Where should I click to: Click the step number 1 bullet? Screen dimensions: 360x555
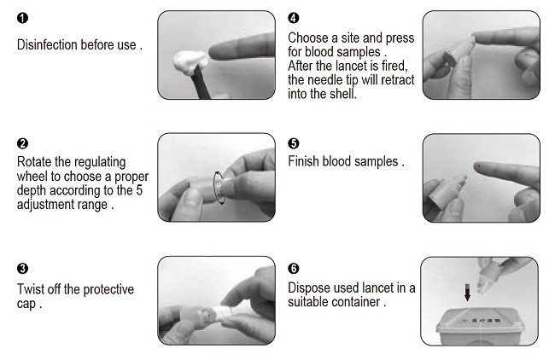coord(22,18)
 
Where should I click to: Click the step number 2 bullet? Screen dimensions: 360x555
coord(22,143)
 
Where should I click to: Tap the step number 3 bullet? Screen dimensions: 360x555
coord(22,270)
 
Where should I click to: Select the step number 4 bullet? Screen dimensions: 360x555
coord(294,18)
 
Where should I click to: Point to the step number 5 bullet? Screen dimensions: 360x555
coord(294,142)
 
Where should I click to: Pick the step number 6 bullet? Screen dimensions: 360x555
coord(294,270)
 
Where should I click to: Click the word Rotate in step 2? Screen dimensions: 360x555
coord(36,161)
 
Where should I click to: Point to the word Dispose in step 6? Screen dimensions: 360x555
coord(311,288)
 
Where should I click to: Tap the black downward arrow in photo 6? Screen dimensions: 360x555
coord(467,293)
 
